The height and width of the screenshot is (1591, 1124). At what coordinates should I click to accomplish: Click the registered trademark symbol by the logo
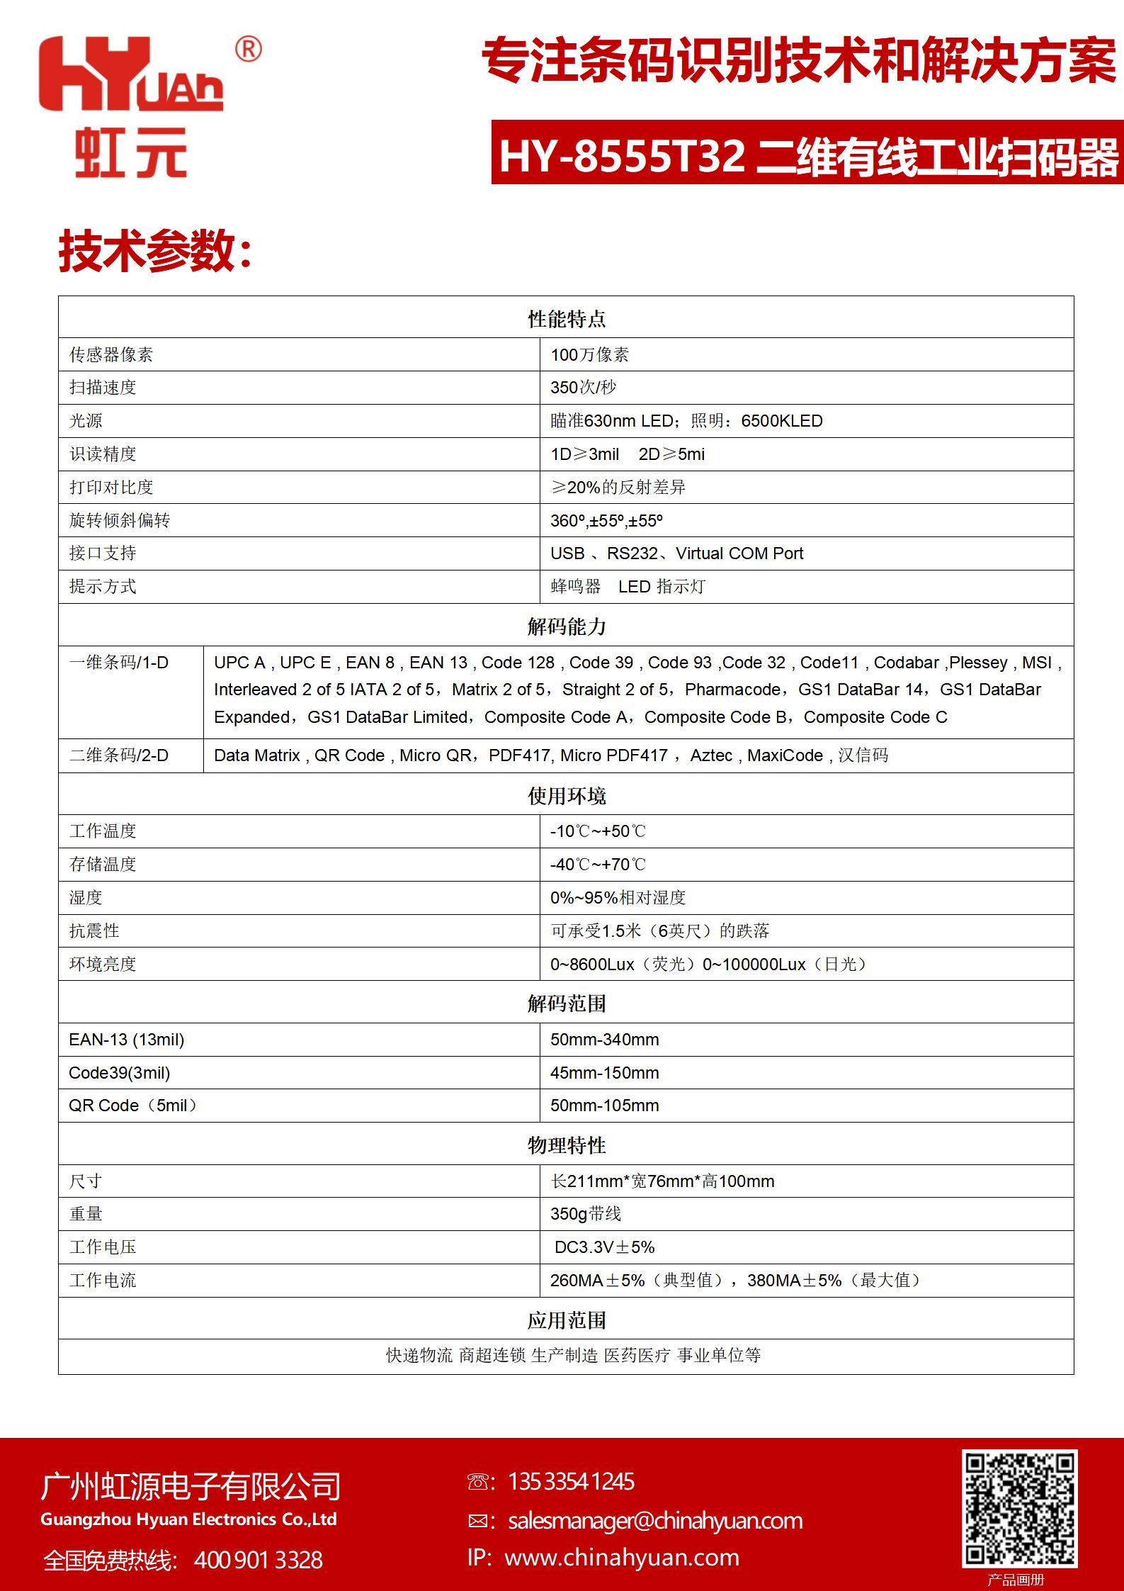click(248, 49)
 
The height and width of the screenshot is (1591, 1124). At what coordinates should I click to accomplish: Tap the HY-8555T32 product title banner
click(807, 155)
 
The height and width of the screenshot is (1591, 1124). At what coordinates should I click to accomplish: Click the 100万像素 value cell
click(589, 354)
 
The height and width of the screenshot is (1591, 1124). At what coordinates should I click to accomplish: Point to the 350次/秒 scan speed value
click(583, 388)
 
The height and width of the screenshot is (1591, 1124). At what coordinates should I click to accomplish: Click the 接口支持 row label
click(103, 553)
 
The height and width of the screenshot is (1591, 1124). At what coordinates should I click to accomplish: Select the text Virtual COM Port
click(739, 553)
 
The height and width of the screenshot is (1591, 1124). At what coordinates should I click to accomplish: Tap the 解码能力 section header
click(566, 626)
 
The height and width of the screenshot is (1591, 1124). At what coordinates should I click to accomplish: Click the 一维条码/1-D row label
click(119, 663)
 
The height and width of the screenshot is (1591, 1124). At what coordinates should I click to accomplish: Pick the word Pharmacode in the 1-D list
click(732, 690)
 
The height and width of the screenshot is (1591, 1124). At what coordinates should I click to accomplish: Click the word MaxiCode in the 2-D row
click(785, 755)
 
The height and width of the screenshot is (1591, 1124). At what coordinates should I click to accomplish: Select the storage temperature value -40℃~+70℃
click(598, 865)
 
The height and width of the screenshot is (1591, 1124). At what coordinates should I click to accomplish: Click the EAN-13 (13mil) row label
click(127, 1040)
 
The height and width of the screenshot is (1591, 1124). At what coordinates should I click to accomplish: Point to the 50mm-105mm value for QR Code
click(604, 1106)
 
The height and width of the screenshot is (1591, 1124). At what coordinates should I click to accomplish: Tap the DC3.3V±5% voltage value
click(604, 1247)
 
